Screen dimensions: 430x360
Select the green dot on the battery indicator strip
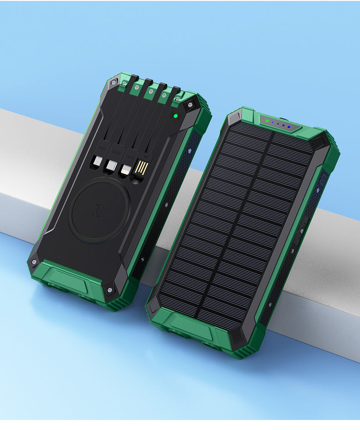(x=267, y=121)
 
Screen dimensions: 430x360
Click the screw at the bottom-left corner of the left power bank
(x=33, y=262)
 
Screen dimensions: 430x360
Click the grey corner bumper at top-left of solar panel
(x=233, y=118)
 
